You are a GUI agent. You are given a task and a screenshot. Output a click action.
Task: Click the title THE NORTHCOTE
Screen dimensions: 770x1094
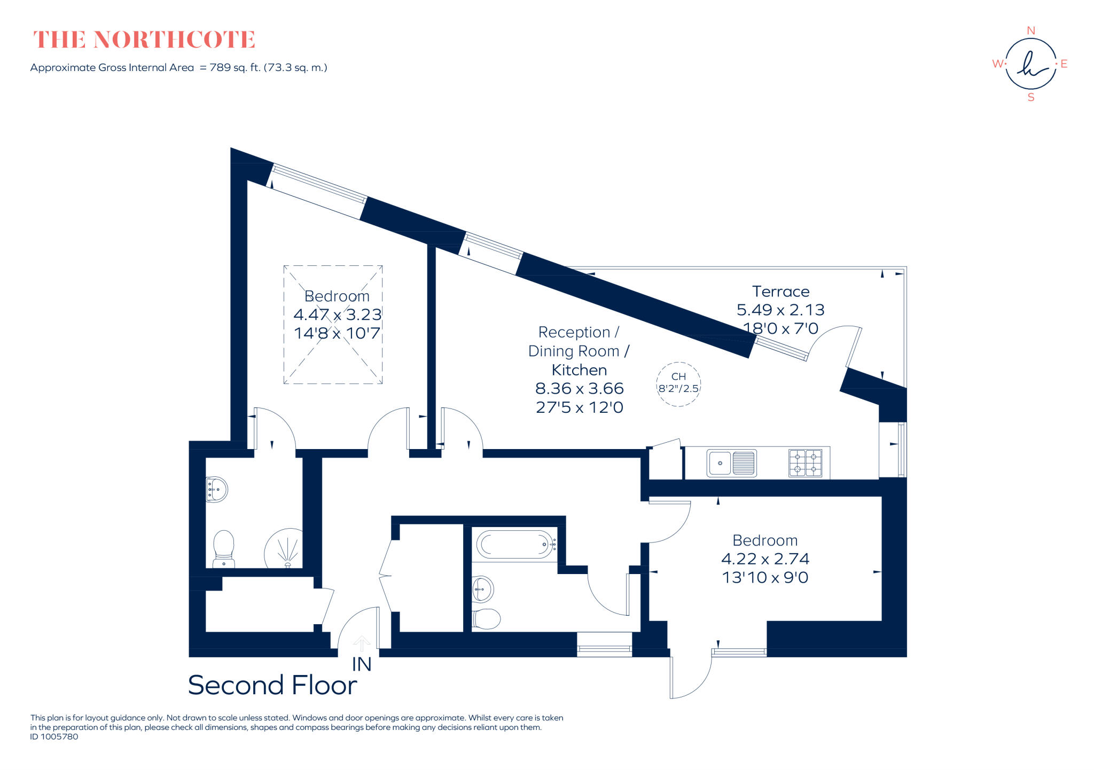[x=144, y=40]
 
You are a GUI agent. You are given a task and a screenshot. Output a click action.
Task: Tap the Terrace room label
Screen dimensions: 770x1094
[x=780, y=292]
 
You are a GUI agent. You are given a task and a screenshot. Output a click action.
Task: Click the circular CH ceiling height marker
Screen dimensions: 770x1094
[x=678, y=383]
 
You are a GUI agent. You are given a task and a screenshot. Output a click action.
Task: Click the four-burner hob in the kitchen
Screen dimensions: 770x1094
[x=806, y=463]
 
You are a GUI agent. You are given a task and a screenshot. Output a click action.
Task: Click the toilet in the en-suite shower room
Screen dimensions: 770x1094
[x=224, y=548]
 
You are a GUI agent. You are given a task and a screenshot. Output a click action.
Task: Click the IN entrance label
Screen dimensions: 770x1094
[x=362, y=664]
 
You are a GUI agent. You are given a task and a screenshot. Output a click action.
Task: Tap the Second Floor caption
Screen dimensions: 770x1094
[x=272, y=685]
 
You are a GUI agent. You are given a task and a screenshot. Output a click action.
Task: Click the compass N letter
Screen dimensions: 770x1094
[x=1031, y=31]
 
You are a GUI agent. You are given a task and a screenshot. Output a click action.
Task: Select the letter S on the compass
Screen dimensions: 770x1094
[x=1031, y=98]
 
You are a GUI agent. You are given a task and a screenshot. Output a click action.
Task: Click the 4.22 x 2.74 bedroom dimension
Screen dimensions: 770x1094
[x=765, y=559]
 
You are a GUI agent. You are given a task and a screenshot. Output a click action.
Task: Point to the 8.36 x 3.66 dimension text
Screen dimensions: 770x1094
[x=580, y=389]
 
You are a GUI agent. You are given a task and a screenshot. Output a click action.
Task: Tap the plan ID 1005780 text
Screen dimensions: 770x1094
[x=54, y=737]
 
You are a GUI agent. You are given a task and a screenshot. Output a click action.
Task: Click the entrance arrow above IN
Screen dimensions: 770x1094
[x=362, y=643]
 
